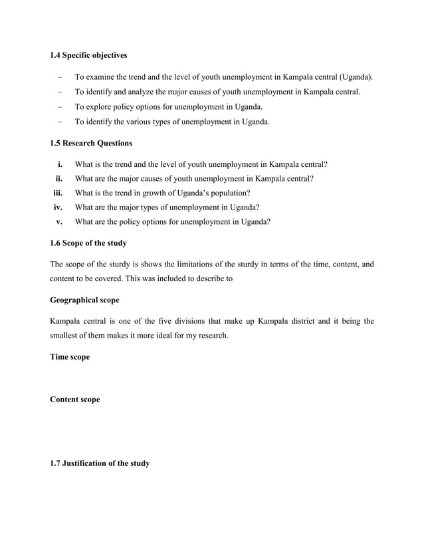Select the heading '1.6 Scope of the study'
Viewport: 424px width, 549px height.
(88, 243)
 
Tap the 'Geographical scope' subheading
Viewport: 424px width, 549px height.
(84, 300)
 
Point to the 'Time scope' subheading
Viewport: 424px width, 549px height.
(70, 357)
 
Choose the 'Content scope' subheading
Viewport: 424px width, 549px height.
(74, 399)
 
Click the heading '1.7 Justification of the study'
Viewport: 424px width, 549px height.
(100, 463)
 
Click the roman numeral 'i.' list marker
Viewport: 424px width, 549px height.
(60, 164)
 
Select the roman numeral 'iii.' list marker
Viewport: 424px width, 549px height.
(58, 193)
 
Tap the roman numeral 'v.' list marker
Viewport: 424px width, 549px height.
(60, 222)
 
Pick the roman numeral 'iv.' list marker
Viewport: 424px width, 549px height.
(58, 207)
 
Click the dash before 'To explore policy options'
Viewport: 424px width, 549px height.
(60, 107)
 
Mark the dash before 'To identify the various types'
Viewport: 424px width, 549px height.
(60, 122)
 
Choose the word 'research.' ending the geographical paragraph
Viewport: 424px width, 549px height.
(210, 336)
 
